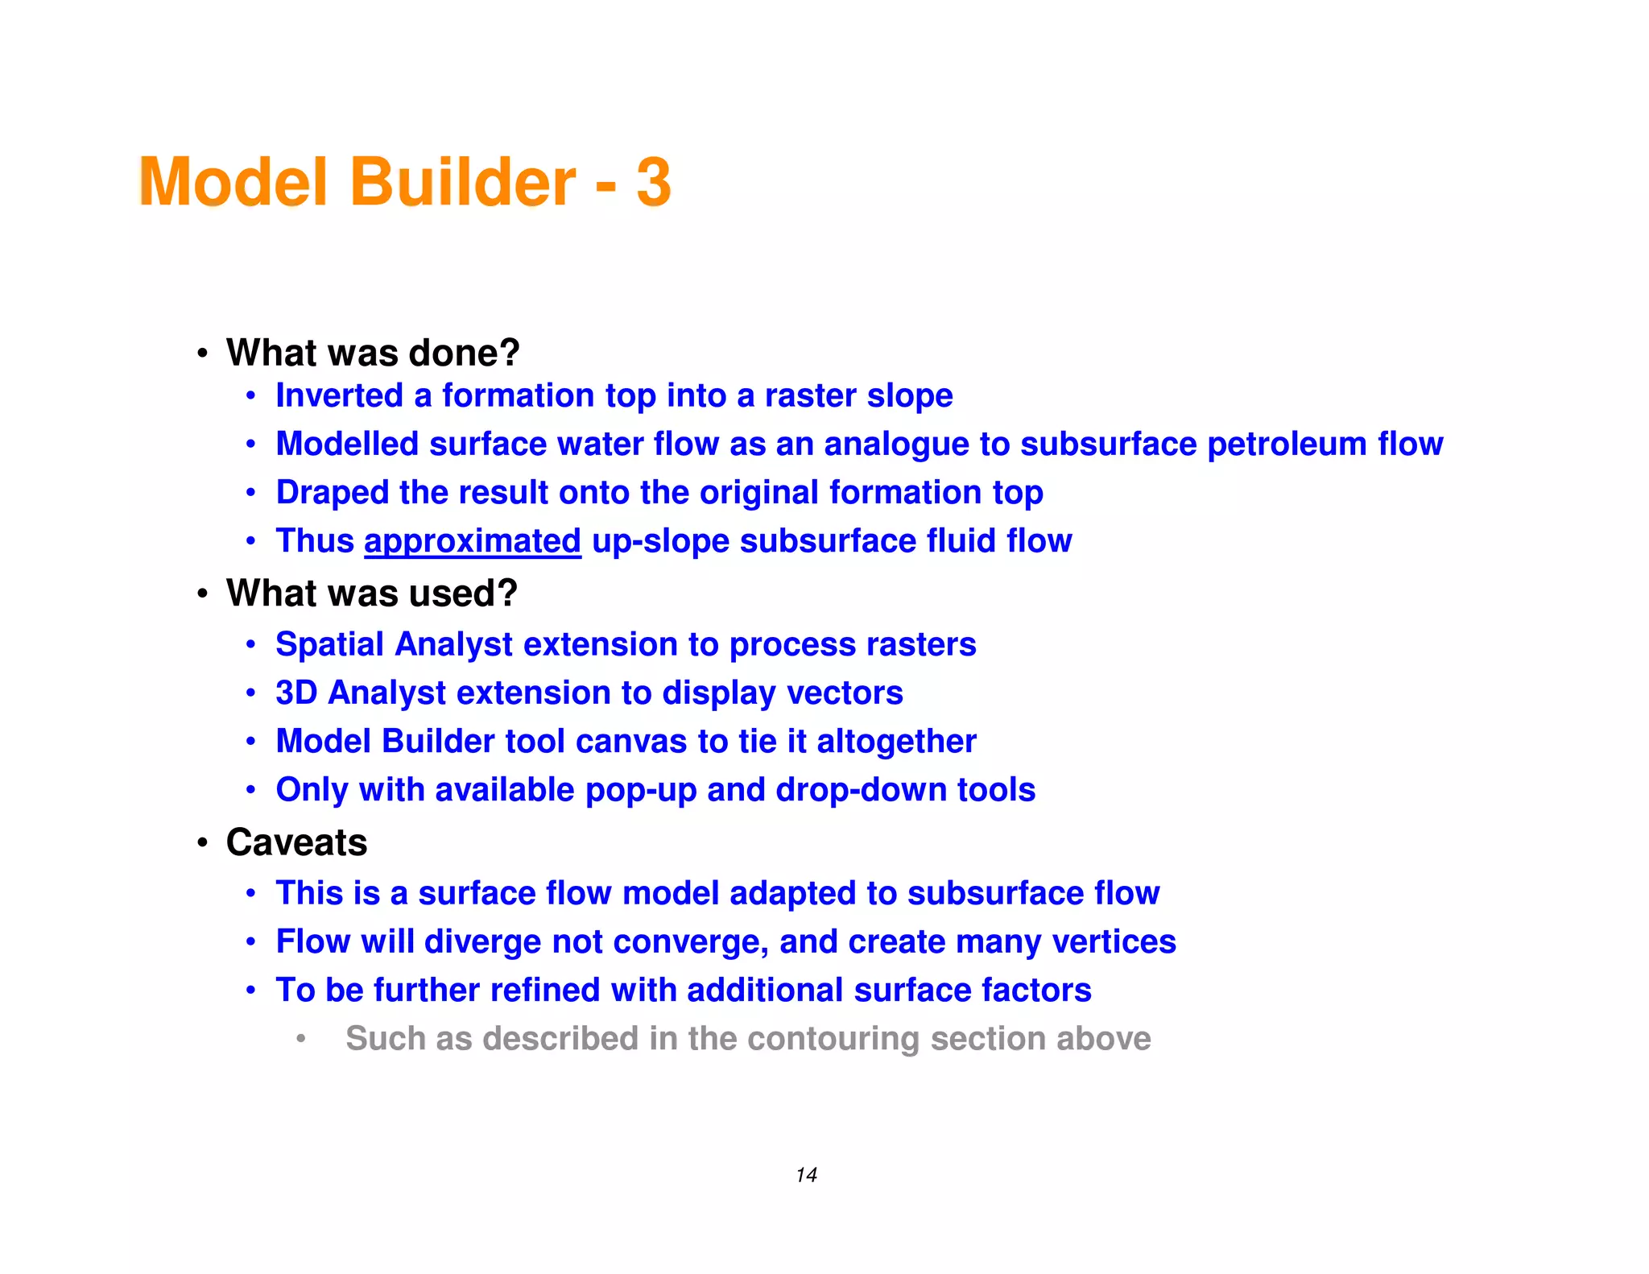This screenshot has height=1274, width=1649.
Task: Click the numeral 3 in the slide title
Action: pos(654,183)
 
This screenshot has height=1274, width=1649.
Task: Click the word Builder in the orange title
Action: pos(463,183)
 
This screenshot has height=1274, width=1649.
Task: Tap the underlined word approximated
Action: pos(473,541)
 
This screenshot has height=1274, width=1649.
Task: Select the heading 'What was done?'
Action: pos(373,353)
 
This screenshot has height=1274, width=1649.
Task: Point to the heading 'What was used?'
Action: pos(371,594)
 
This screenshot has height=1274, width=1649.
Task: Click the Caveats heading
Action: pos(296,842)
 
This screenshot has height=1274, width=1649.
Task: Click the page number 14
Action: pos(806,1175)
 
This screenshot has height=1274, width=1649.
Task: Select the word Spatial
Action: pos(329,644)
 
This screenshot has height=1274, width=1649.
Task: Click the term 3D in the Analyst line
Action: pos(296,693)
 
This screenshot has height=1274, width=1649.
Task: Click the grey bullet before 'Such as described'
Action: pos(300,1039)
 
